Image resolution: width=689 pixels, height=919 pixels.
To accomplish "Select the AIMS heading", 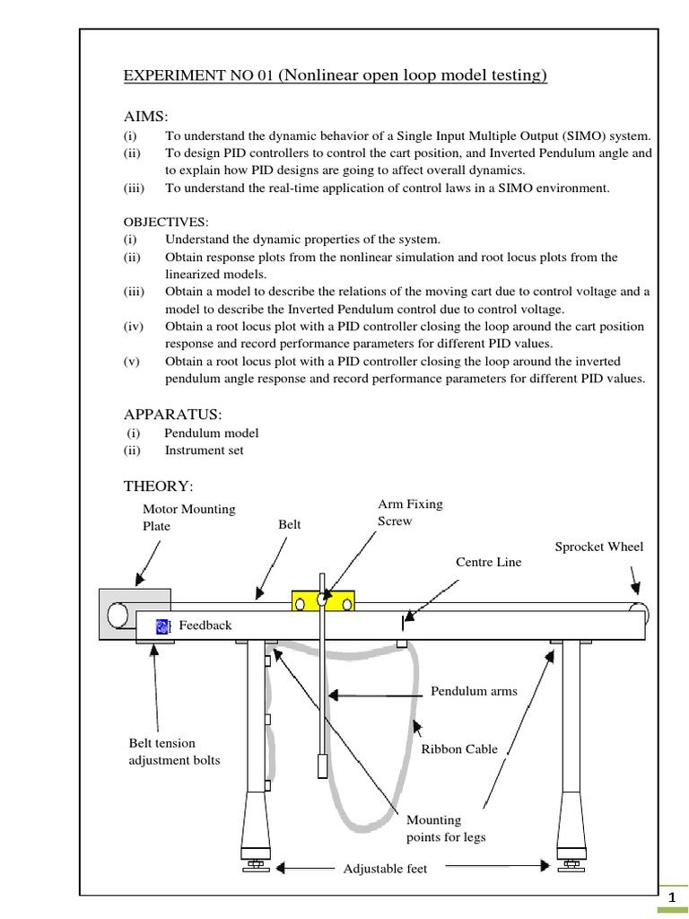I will pyautogui.click(x=145, y=118).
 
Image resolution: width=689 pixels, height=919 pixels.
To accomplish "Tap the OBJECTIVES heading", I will pyautogui.click(x=165, y=222).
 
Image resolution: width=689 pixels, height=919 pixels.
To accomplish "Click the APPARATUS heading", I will pyautogui.click(x=172, y=414).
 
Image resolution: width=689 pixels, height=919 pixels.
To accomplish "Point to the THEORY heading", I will pyautogui.click(x=157, y=486).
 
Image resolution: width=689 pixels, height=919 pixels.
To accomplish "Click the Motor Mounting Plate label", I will pyautogui.click(x=188, y=517).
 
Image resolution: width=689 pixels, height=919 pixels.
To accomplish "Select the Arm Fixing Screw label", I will pyautogui.click(x=410, y=512).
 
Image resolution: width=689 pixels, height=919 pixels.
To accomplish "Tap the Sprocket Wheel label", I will pyautogui.click(x=598, y=547).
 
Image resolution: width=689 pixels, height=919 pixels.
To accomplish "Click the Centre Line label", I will pyautogui.click(x=488, y=562).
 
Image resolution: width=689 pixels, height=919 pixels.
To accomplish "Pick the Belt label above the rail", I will pyautogui.click(x=289, y=524).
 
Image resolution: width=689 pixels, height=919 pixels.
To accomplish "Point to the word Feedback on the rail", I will pyautogui.click(x=205, y=626).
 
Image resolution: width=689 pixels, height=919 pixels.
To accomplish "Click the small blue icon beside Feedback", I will pyautogui.click(x=162, y=626).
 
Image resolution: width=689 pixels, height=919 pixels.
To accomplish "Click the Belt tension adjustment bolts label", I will pyautogui.click(x=175, y=751).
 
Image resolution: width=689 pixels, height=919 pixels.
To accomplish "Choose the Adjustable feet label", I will pyautogui.click(x=386, y=869).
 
